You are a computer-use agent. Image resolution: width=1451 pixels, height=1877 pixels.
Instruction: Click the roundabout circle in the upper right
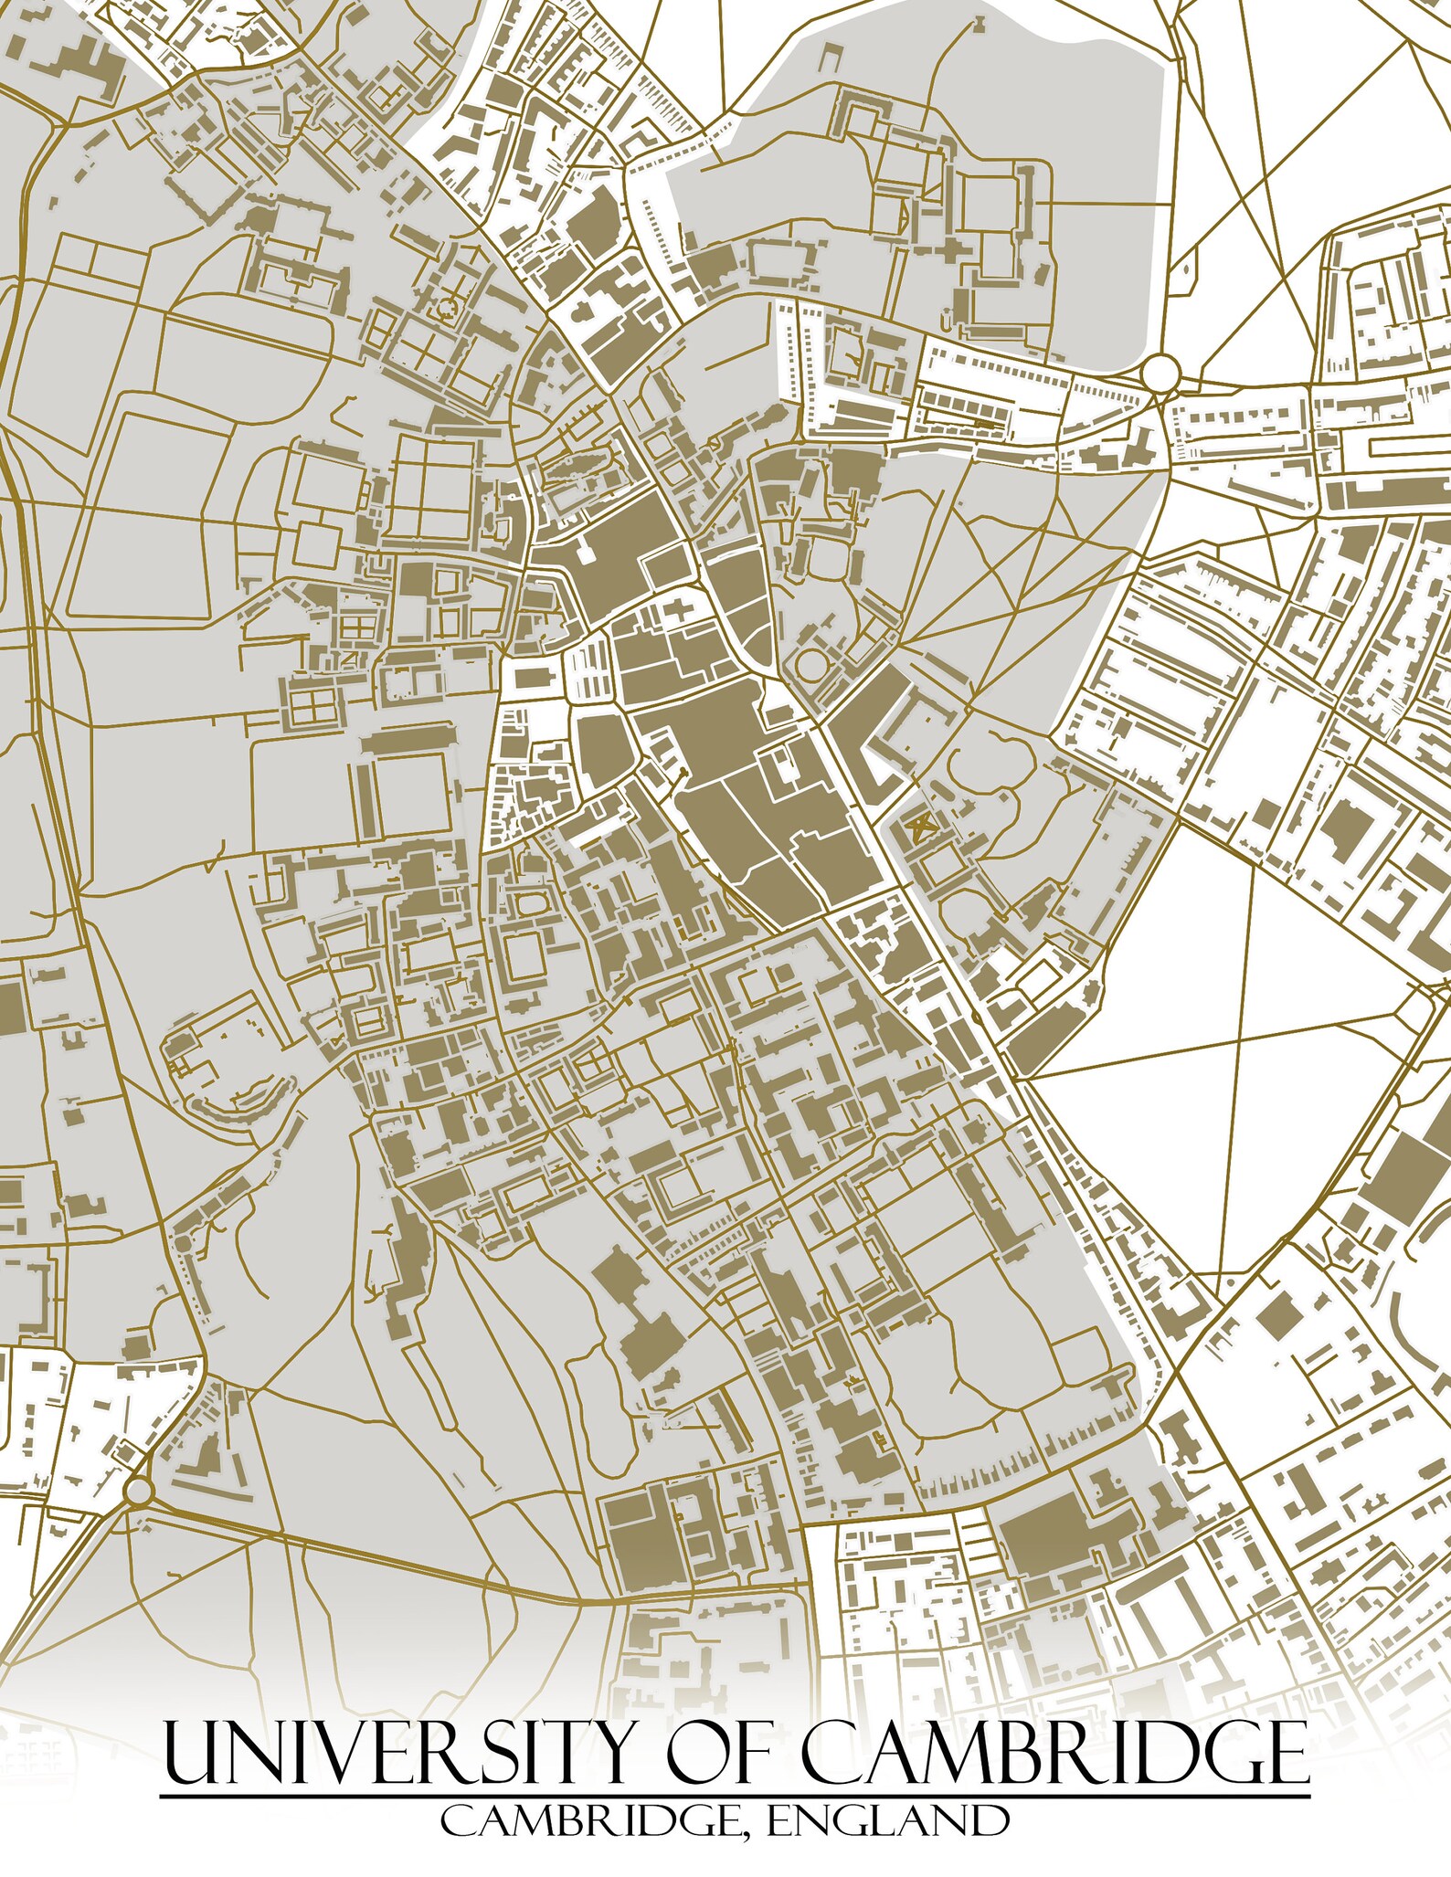coord(1160,373)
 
